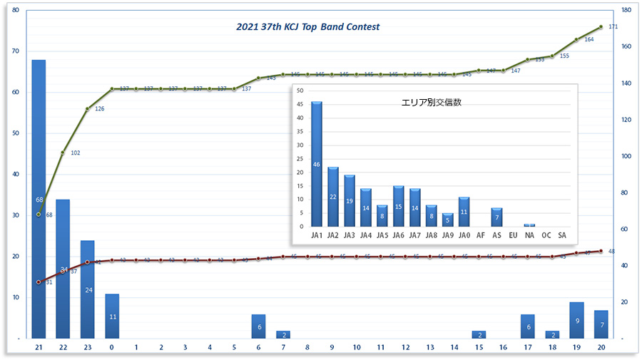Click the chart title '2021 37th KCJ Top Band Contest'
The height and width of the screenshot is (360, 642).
pyautogui.click(x=308, y=27)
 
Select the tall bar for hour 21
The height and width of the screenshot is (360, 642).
pyautogui.click(x=39, y=199)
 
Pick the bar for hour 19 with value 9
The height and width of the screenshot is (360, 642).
pyautogui.click(x=576, y=320)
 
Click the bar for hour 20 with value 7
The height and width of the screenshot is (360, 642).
pyautogui.click(x=601, y=324)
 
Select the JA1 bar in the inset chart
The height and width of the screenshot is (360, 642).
pyautogui.click(x=317, y=164)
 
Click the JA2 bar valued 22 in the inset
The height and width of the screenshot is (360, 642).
pyautogui.click(x=333, y=197)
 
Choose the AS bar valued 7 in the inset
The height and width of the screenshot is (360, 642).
pyautogui.click(x=496, y=217)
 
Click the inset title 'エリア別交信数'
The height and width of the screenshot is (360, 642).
pyautogui.click(x=432, y=102)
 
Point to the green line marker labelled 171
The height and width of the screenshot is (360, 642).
pyautogui.click(x=601, y=27)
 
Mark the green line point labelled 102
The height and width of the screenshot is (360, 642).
pyautogui.click(x=63, y=153)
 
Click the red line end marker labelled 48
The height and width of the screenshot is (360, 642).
pyautogui.click(x=601, y=251)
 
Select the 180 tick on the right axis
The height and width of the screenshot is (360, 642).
pyautogui.click(x=625, y=10)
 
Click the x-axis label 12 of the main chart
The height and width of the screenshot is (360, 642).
pyautogui.click(x=405, y=347)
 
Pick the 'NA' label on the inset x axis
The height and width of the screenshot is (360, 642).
pyautogui.click(x=529, y=235)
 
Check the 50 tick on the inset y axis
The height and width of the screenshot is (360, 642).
pyautogui.click(x=300, y=91)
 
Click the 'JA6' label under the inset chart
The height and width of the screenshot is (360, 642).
pyautogui.click(x=398, y=235)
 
